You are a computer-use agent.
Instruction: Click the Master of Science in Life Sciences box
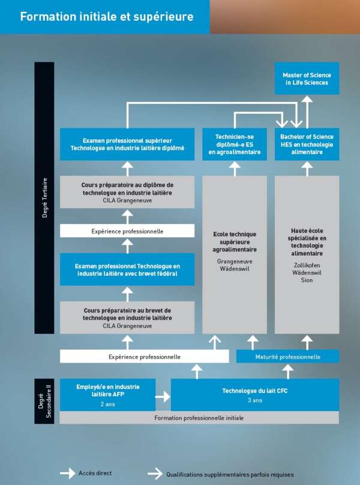(x=307, y=78)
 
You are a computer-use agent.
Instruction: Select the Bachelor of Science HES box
(x=307, y=144)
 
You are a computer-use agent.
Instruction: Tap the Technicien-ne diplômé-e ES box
(x=235, y=144)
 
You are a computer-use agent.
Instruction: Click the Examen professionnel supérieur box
(x=127, y=144)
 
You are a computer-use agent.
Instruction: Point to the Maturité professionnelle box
(x=288, y=357)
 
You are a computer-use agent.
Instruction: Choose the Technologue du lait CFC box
(x=255, y=394)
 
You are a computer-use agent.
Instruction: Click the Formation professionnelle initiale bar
(x=199, y=418)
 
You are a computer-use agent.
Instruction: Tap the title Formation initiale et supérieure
(x=107, y=17)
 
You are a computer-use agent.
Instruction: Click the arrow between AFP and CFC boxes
(x=163, y=396)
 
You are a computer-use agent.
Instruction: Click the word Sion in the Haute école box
(x=307, y=280)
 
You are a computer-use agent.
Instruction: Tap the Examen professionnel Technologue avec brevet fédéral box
(x=127, y=269)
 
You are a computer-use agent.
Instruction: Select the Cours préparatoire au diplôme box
(x=127, y=192)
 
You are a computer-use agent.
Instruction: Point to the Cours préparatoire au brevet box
(x=127, y=318)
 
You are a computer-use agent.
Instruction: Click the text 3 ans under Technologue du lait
(x=255, y=400)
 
